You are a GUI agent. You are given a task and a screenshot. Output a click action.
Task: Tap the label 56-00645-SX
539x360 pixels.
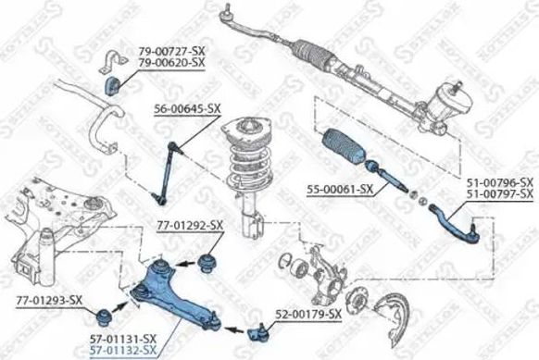click(188, 108)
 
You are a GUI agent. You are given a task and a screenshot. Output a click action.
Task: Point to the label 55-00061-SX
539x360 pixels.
click(339, 189)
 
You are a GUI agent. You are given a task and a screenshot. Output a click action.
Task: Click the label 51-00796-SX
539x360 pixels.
click(500, 182)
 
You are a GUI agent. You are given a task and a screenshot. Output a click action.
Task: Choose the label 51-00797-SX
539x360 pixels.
click(500, 193)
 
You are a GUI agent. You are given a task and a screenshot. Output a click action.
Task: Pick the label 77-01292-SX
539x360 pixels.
click(190, 225)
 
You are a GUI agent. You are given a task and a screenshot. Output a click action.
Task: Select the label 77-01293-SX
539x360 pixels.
click(49, 300)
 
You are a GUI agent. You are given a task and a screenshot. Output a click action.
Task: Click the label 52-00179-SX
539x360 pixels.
click(308, 315)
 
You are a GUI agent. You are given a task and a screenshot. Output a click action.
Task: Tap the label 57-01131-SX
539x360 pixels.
click(124, 340)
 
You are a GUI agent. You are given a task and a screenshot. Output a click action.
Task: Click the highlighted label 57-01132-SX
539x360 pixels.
click(124, 351)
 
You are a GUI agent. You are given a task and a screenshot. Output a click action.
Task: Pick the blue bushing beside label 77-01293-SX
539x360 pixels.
click(119, 308)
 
